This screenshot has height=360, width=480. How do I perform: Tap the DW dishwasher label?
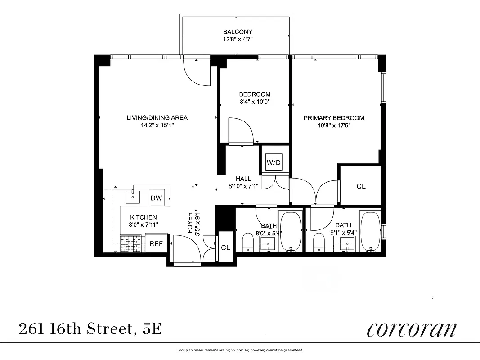pyautogui.click(x=156, y=198)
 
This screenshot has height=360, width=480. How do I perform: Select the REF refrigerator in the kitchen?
pyautogui.click(x=156, y=243)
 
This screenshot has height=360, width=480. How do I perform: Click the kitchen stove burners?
pyautogui.click(x=131, y=244)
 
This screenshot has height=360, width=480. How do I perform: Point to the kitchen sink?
pyautogui.click(x=133, y=197)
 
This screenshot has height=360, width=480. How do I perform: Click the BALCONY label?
pyautogui.click(x=238, y=32)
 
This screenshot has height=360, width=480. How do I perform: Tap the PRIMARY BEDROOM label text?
pyautogui.click(x=334, y=118)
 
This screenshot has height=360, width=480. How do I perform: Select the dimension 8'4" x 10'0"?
pyautogui.click(x=255, y=102)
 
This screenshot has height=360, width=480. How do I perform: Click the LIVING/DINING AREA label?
pyautogui.click(x=157, y=118)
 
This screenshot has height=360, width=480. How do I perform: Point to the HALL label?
pyautogui.click(x=243, y=179)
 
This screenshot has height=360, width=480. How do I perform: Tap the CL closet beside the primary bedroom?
pyautogui.click(x=361, y=186)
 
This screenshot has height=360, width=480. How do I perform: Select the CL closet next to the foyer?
pyautogui.click(x=225, y=247)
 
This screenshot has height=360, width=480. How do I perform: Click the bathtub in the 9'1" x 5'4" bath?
pyautogui.click(x=371, y=231)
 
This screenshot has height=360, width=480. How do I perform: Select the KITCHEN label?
pyautogui.click(x=144, y=217)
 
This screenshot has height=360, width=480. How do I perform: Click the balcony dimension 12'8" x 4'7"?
pyautogui.click(x=238, y=40)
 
